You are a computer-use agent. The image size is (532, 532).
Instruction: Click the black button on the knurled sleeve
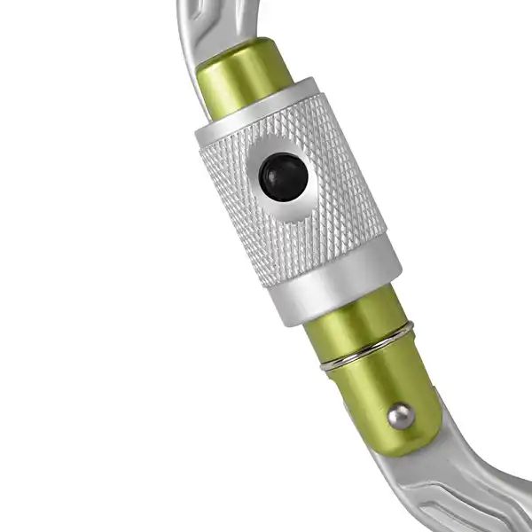(x=284, y=176)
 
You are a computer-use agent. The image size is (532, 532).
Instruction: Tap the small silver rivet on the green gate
(x=402, y=415)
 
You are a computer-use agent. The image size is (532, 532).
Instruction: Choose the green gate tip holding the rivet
(x=390, y=399)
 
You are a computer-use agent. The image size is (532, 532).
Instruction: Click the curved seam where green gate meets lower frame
(x=417, y=443)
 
